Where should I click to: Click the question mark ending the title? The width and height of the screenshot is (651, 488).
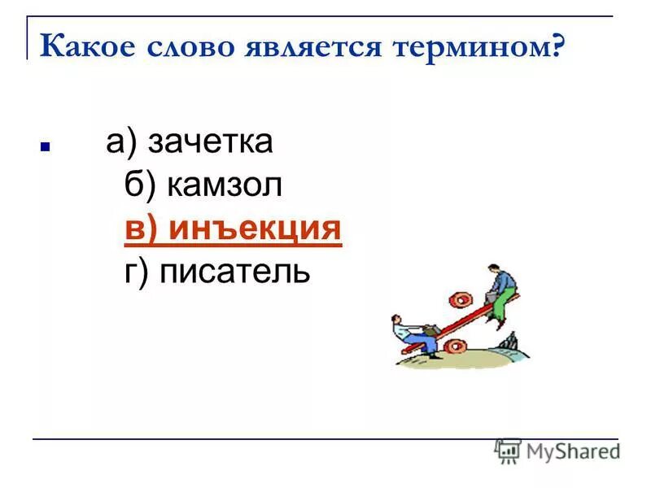(557, 46)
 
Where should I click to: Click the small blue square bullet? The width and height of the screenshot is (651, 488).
(46, 149)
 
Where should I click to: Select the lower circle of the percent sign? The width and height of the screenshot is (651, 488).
(456, 346)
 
